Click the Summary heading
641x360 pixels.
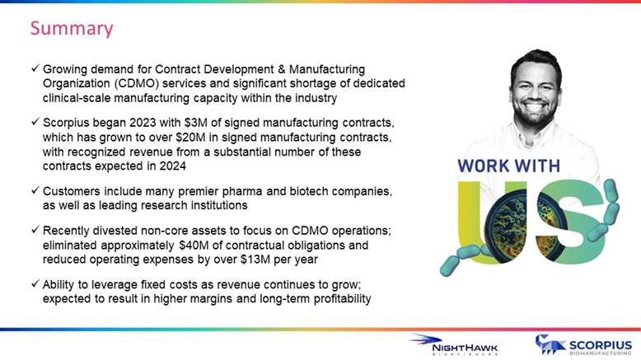(72, 29)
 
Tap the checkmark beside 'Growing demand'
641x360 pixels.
(35, 68)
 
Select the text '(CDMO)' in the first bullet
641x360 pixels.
(137, 83)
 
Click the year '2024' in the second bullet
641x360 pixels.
(172, 166)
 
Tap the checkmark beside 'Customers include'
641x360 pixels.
(35, 190)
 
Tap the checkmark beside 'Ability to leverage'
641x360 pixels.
(35, 283)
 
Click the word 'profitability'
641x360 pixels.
(342, 299)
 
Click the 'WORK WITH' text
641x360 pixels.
(509, 166)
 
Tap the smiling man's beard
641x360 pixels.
(536, 115)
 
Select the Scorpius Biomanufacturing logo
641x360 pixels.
(584, 345)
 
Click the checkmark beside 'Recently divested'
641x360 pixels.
(35, 230)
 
